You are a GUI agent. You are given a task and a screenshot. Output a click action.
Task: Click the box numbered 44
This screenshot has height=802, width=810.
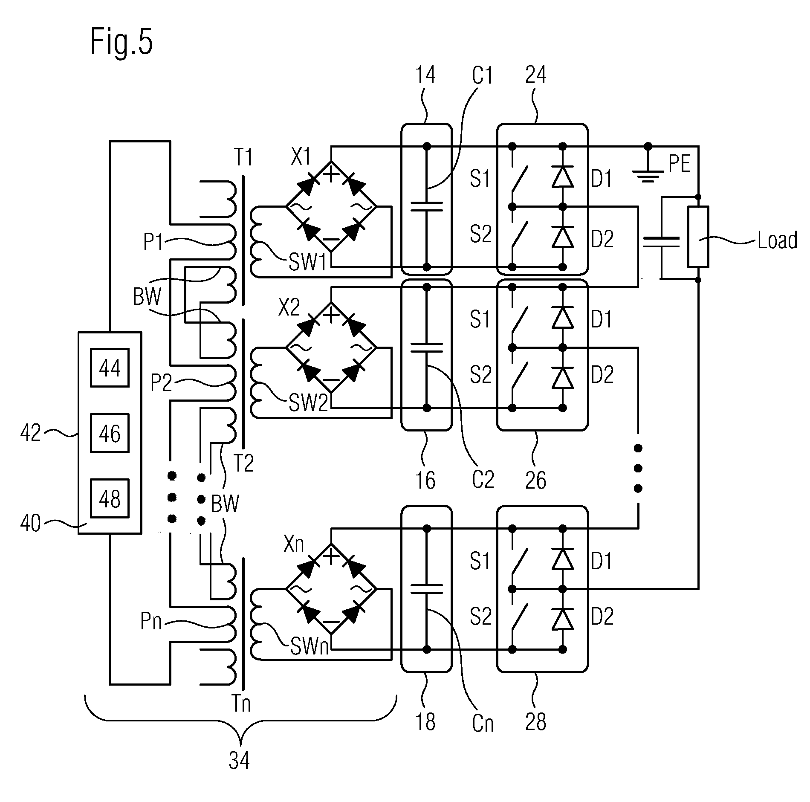(110, 368)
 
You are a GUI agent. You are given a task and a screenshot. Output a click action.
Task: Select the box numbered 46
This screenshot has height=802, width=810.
(110, 433)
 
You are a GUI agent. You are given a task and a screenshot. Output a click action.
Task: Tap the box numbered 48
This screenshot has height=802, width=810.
(110, 498)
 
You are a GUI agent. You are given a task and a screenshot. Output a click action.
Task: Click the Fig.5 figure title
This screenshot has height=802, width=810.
(121, 43)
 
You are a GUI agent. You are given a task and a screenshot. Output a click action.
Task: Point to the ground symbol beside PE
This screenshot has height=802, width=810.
(648, 175)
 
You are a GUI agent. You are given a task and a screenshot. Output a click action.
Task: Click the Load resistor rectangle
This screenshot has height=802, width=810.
(698, 237)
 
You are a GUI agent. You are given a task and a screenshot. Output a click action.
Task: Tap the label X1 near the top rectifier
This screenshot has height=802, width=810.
(301, 156)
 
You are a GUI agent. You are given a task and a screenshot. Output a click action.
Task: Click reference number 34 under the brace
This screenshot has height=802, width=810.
(239, 760)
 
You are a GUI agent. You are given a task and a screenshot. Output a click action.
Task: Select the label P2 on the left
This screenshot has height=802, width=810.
(162, 382)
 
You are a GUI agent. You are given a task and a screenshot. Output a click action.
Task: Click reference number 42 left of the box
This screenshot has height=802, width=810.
(31, 433)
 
